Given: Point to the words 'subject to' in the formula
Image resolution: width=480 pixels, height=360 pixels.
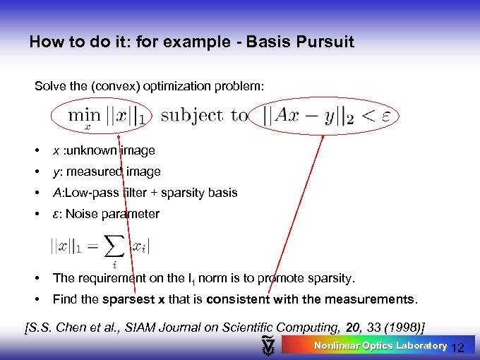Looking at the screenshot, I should click(204, 116).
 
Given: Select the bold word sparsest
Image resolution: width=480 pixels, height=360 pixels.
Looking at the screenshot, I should click(130, 299).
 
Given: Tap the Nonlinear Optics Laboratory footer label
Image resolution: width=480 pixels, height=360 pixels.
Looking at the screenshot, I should click(380, 345).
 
